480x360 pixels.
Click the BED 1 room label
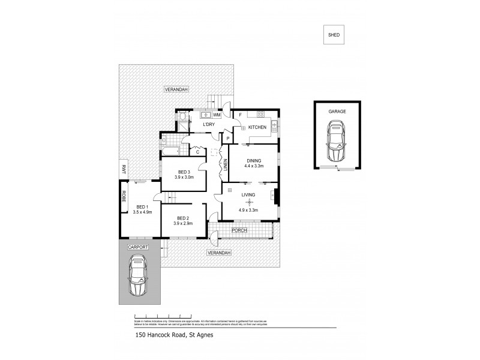(x=143, y=206)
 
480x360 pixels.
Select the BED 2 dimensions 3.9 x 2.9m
(x=184, y=223)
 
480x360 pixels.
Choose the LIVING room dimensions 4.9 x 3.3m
(x=248, y=210)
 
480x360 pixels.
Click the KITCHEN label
(x=257, y=127)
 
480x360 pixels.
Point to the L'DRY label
(x=209, y=124)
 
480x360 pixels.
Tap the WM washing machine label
(x=217, y=114)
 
